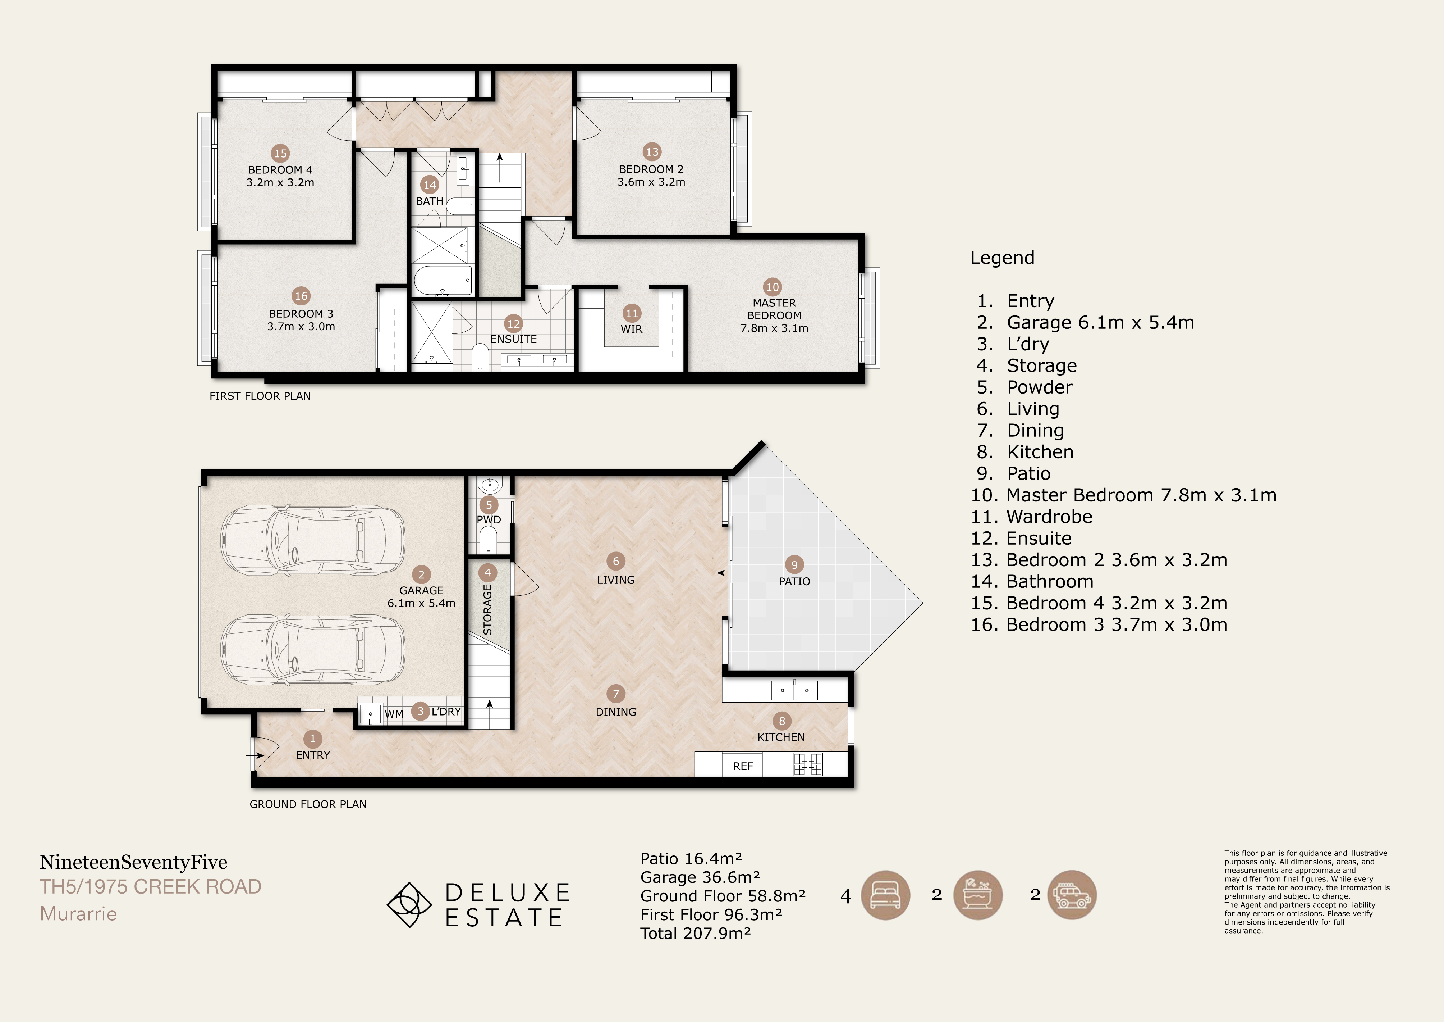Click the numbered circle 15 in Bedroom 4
coord(280,153)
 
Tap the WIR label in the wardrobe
coord(632,329)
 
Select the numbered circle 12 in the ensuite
coord(513,323)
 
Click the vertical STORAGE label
coord(487,610)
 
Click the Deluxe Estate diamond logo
coord(409,904)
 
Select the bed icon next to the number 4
coord(885,895)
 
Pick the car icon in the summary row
coord(1072,895)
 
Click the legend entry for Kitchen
coord(1025,452)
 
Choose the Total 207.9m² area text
coord(696,933)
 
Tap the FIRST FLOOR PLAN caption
coord(260,396)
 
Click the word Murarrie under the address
coord(79,914)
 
